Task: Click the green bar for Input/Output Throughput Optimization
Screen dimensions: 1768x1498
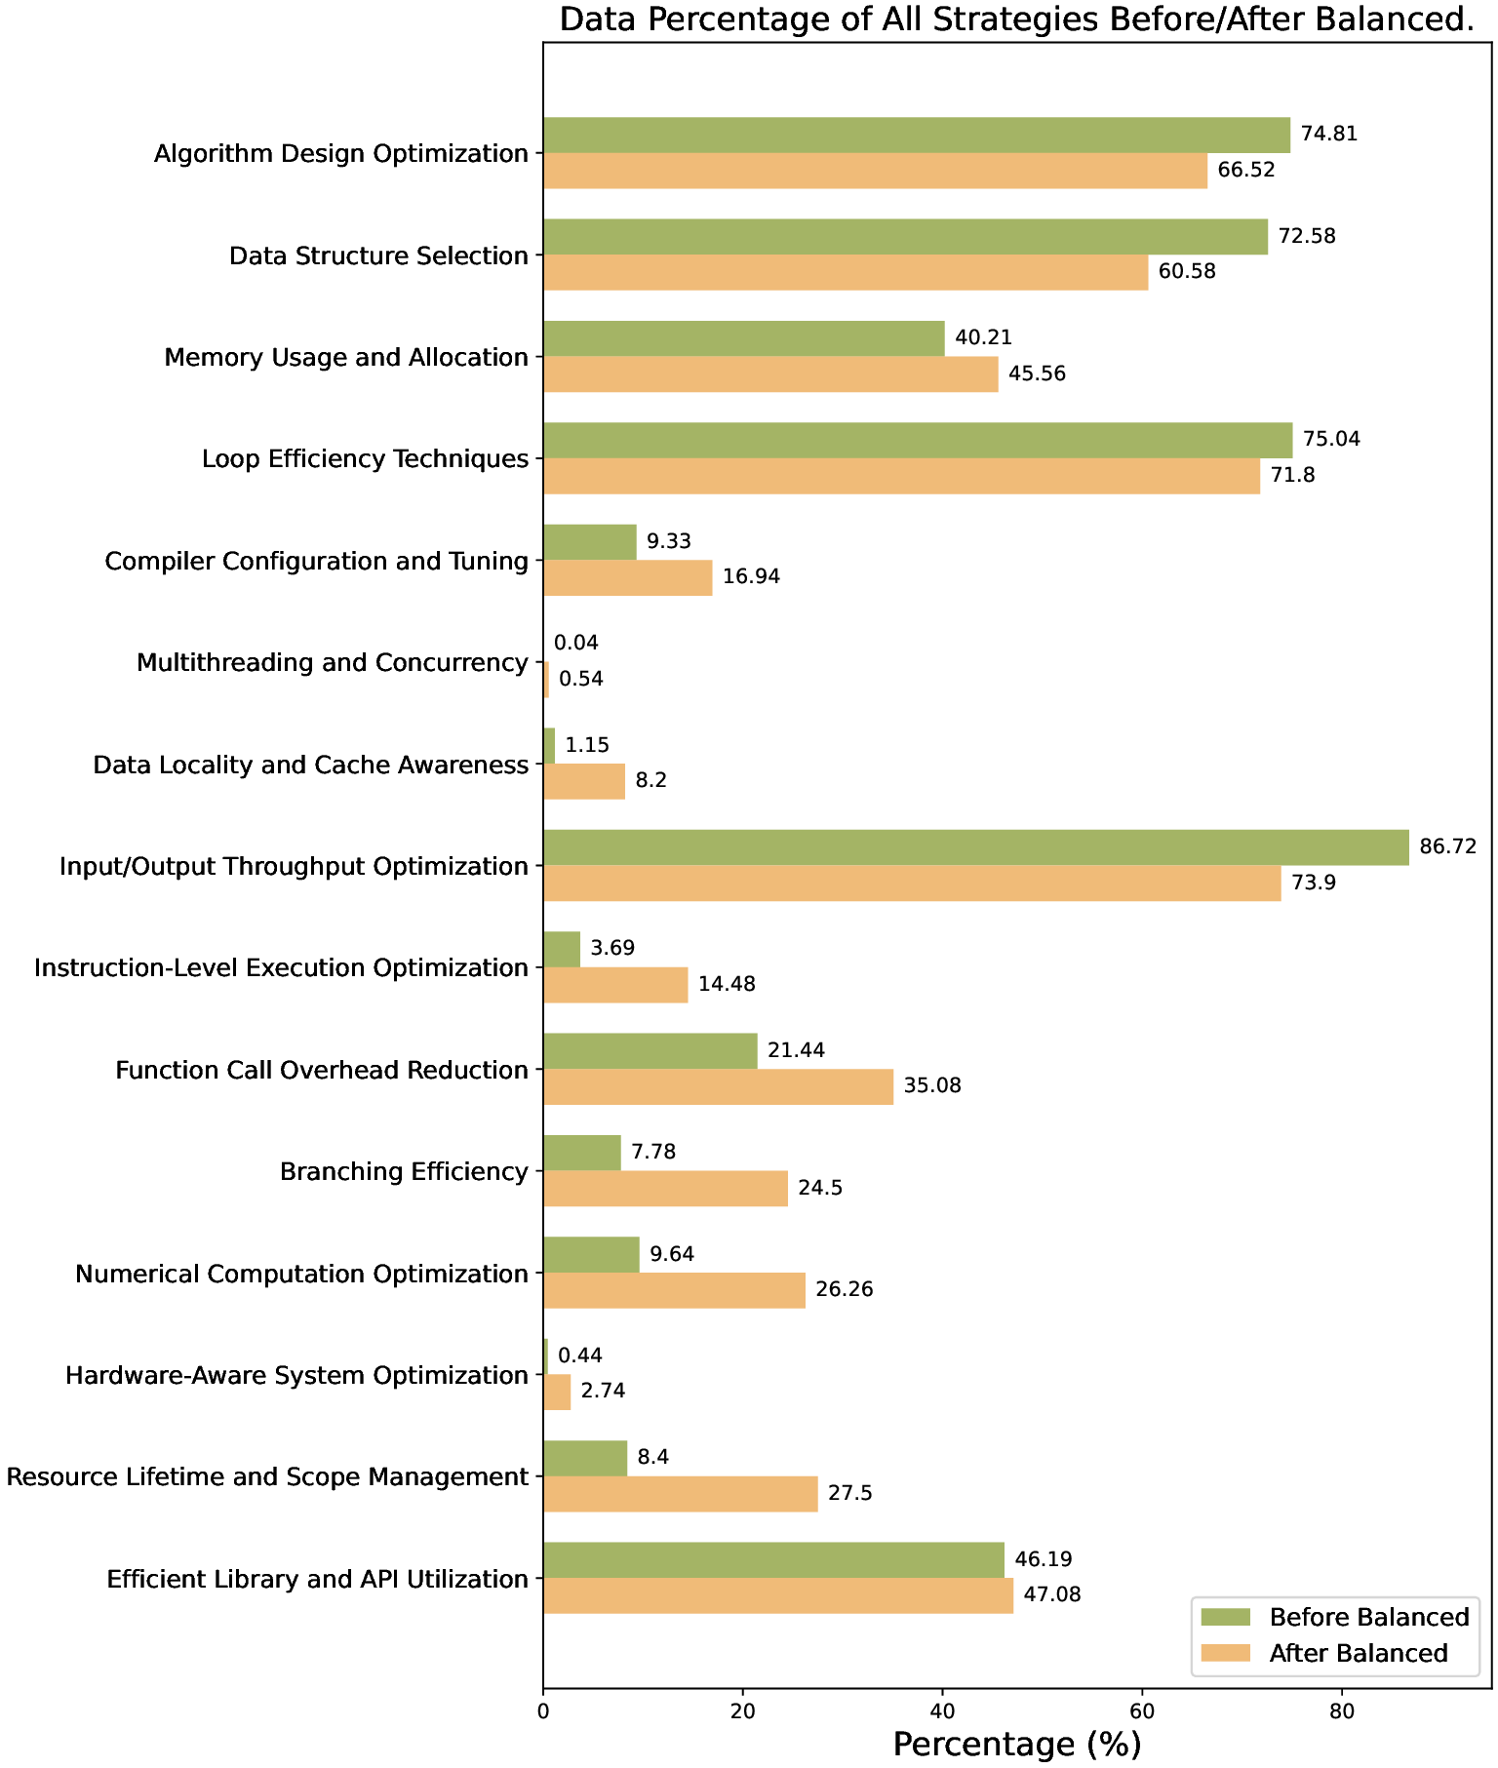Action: click(975, 847)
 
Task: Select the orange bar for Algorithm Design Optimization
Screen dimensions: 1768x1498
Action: click(875, 171)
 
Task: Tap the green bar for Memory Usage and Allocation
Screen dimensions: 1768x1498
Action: click(743, 338)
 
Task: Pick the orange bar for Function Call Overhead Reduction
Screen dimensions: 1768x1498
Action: click(718, 1086)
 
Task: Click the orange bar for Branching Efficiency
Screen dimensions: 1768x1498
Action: click(665, 1189)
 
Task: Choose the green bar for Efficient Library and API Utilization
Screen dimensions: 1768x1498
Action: click(773, 1559)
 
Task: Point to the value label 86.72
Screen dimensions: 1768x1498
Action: click(1448, 846)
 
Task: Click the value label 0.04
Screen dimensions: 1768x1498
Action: click(575, 643)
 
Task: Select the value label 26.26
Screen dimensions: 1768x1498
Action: click(845, 1289)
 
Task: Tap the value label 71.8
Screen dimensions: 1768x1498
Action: click(1292, 476)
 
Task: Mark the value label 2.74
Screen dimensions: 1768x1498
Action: click(603, 1392)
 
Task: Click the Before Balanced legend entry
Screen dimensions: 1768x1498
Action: click(1368, 1618)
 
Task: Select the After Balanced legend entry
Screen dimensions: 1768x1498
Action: click(1358, 1654)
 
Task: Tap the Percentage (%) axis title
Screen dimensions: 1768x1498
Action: click(1016, 1745)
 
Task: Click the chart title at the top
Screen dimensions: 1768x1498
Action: click(1016, 20)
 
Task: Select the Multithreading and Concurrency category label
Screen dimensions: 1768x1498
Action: click(332, 663)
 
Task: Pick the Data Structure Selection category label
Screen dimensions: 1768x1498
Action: click(378, 255)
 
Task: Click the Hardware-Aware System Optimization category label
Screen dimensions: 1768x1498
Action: click(296, 1375)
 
